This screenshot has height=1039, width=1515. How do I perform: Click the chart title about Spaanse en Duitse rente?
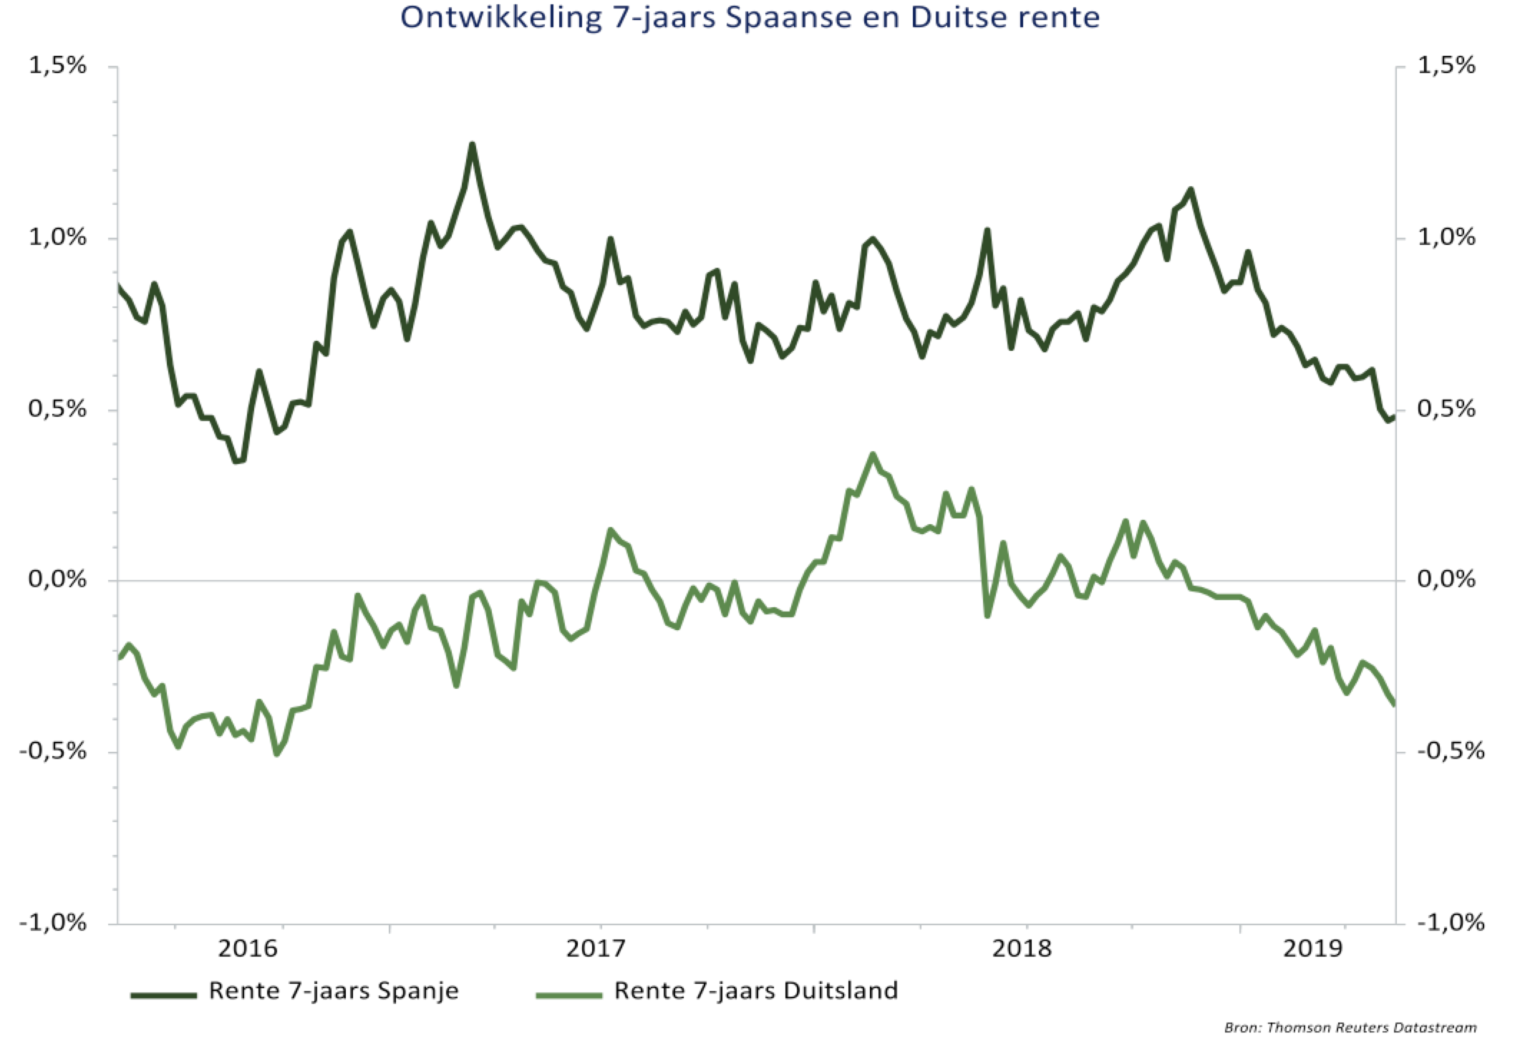[x=750, y=17]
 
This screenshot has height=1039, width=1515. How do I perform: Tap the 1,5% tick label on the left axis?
[x=57, y=66]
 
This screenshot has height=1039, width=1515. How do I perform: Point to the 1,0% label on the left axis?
[x=57, y=237]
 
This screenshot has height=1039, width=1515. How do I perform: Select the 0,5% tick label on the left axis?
[x=57, y=409]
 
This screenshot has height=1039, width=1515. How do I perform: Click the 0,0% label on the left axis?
[x=57, y=579]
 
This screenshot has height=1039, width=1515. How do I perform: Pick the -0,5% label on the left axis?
[x=53, y=751]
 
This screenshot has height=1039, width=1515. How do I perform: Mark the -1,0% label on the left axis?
[x=53, y=922]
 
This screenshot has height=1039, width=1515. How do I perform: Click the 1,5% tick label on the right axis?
[x=1446, y=66]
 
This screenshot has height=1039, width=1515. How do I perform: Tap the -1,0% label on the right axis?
[x=1451, y=922]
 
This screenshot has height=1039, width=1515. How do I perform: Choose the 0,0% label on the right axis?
[x=1446, y=579]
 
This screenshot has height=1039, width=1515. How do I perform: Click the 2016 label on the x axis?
[x=248, y=949]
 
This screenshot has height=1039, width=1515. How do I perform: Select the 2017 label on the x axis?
[x=596, y=949]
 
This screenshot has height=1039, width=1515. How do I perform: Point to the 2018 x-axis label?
[x=1022, y=949]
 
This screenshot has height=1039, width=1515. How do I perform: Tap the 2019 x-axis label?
[x=1312, y=949]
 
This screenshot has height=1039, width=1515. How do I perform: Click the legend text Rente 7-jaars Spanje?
[x=333, y=991]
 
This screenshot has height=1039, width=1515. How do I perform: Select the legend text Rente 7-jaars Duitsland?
[x=756, y=991]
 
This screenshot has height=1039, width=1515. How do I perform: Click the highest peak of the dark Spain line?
[x=472, y=145]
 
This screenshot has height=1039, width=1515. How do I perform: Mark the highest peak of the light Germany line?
[x=872, y=455]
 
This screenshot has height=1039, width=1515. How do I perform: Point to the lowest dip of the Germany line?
[x=277, y=753]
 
